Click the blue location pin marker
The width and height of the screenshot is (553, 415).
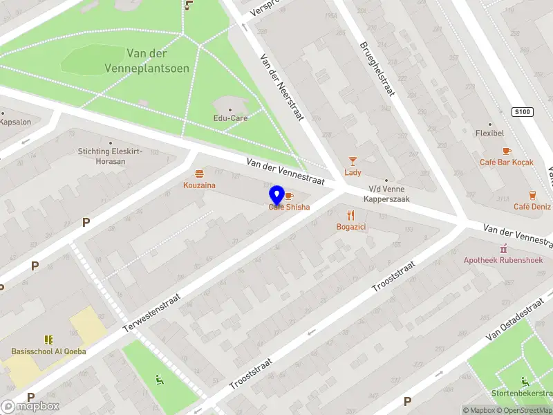point(277,195)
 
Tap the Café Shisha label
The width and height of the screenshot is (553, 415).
point(289,207)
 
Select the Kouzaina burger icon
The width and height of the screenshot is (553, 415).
point(200,174)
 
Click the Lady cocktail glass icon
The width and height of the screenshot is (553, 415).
point(353,160)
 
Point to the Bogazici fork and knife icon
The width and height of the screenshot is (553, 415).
point(351,214)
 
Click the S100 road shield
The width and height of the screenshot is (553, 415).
point(523,112)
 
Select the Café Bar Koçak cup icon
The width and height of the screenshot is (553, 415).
point(507,150)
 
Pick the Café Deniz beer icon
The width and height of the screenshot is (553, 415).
point(532,194)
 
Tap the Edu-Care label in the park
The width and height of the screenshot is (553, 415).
point(230,118)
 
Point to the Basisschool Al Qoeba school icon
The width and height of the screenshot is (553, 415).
point(48,340)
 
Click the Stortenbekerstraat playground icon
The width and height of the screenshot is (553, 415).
point(525,382)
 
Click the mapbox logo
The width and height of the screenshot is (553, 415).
point(31,406)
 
